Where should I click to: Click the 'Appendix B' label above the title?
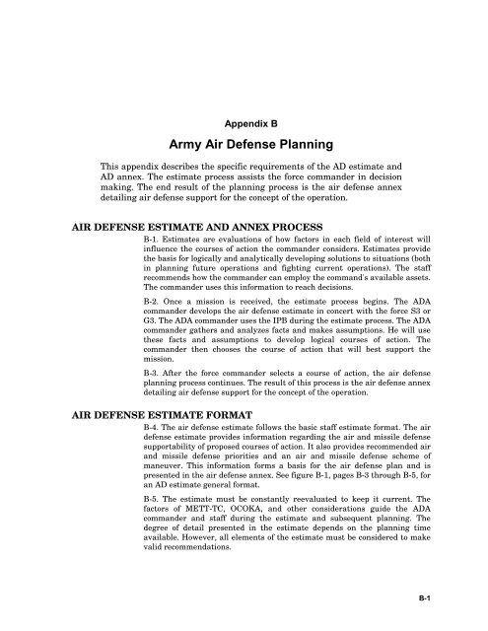244,127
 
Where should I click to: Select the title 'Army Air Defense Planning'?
244,147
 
